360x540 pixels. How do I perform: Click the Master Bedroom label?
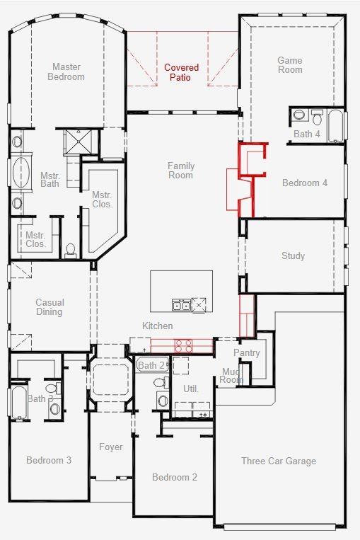pos(66,72)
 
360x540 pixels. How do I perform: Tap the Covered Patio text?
pos(182,73)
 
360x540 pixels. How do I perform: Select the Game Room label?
pos(290,65)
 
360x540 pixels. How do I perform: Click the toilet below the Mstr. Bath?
pos(70,250)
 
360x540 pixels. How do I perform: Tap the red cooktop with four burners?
pos(183,346)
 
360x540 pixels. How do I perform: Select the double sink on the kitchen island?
pos(181,305)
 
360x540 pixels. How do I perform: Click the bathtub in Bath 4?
pos(335,125)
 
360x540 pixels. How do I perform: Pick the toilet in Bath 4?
pos(298,115)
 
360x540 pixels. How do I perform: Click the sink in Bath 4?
pos(316,114)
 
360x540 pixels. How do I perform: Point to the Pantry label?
pos(246,352)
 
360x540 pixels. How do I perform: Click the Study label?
pos(293,255)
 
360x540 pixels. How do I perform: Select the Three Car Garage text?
pos(279,461)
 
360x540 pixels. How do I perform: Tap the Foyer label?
pos(110,447)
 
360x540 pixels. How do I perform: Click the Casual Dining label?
pos(50,307)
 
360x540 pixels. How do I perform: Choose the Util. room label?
pos(191,389)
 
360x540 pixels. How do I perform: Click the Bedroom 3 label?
pos(49,460)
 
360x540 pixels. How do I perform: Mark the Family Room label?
pos(181,171)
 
